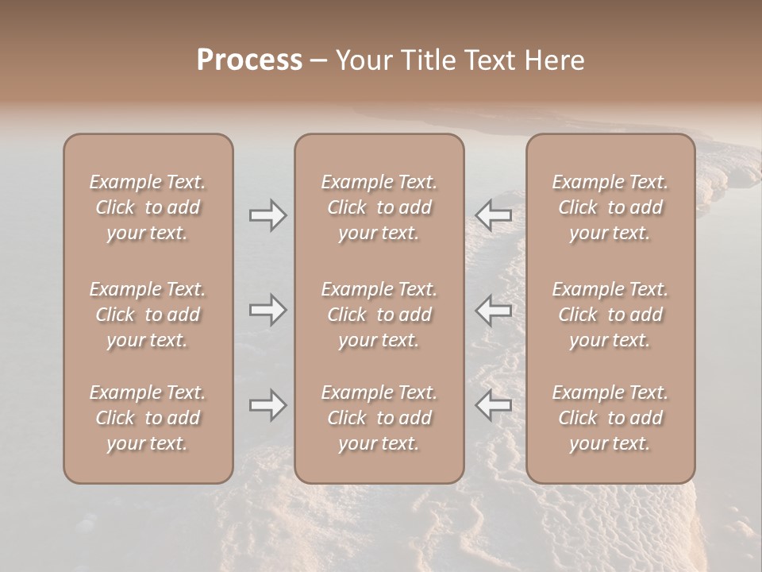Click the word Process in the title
[249, 60]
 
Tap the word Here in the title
[555, 60]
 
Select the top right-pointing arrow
[267, 215]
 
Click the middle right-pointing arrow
[267, 310]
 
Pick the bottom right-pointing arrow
[267, 406]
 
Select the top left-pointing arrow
[494, 215]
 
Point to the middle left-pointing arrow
[494, 310]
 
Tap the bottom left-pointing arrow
[494, 406]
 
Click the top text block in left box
[148, 207]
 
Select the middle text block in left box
[148, 315]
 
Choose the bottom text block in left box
[148, 418]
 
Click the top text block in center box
[379, 207]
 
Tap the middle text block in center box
[379, 315]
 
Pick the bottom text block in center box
[379, 418]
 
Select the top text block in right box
[610, 207]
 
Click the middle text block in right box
[610, 315]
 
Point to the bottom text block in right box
[610, 418]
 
